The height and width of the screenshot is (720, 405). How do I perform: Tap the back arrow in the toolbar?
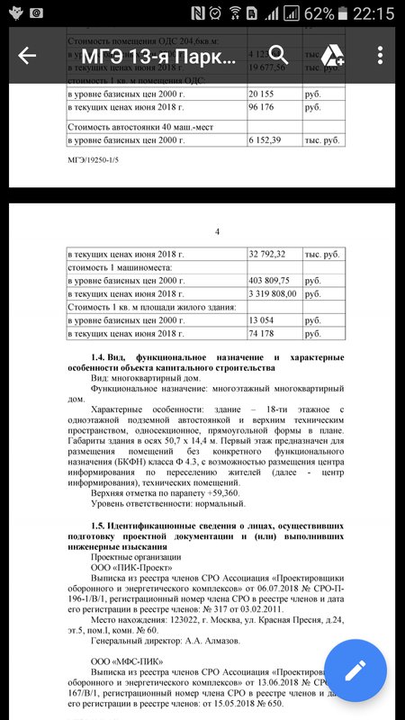tap(27, 56)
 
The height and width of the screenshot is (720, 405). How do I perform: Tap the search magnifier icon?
tap(278, 55)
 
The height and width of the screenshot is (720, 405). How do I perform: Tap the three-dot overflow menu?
tap(381, 56)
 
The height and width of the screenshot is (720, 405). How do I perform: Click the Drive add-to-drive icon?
tap(330, 55)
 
